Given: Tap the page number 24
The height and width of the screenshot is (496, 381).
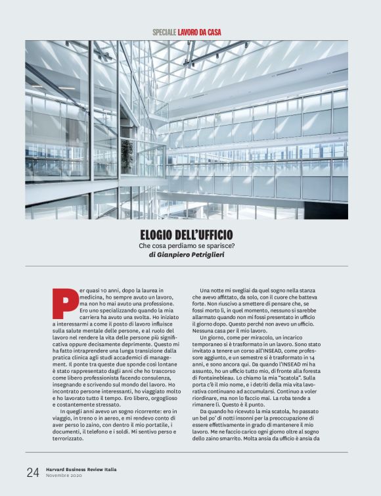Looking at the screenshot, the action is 33,472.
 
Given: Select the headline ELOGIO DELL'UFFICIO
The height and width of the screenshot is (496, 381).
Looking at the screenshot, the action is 187,234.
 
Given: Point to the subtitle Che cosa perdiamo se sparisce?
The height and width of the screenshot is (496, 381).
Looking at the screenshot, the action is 187,245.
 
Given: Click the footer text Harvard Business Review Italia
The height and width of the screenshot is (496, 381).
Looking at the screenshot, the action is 79,468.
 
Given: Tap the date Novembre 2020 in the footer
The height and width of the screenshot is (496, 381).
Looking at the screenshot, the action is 66,475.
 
